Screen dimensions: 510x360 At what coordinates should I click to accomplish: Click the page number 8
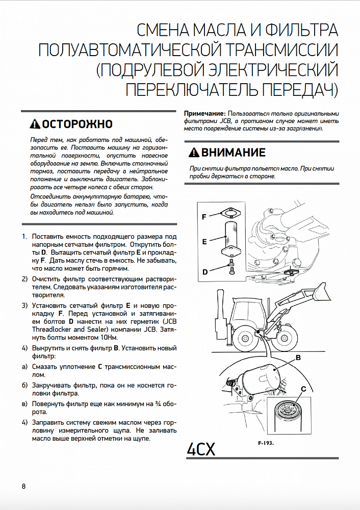23,486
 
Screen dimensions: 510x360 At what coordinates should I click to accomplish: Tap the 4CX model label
201,449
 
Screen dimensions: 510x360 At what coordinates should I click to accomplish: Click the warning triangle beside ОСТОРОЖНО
34,124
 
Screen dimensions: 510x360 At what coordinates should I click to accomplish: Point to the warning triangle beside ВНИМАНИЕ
194,152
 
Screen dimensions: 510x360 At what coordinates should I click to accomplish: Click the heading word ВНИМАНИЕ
233,152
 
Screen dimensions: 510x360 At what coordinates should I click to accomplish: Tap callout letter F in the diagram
204,217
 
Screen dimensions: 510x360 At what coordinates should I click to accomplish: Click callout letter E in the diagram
204,242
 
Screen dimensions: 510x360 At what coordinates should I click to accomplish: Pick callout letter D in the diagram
204,272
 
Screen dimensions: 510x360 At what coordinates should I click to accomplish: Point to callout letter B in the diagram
298,359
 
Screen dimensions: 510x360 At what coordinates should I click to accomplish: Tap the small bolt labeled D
231,266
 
